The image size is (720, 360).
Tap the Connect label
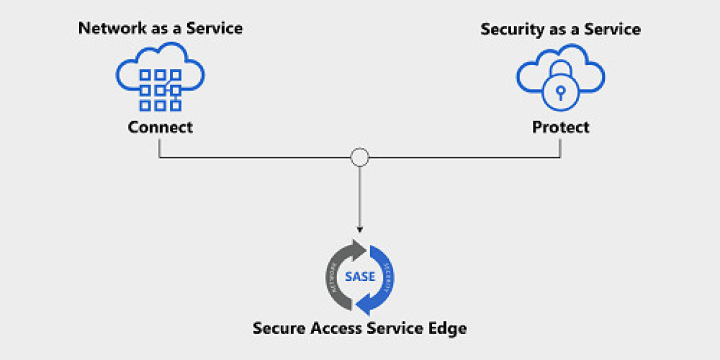pyautogui.click(x=160, y=127)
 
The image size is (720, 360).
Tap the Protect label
pyautogui.click(x=560, y=127)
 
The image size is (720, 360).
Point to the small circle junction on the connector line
pyautogui.click(x=359, y=158)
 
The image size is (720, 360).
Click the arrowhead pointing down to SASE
pyautogui.click(x=359, y=229)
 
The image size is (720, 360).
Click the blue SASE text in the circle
pyautogui.click(x=359, y=277)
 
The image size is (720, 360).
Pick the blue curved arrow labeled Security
pyautogui.click(x=384, y=277)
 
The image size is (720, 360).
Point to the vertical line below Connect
pyautogui.click(x=160, y=148)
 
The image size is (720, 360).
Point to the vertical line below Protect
pyautogui.click(x=560, y=148)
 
